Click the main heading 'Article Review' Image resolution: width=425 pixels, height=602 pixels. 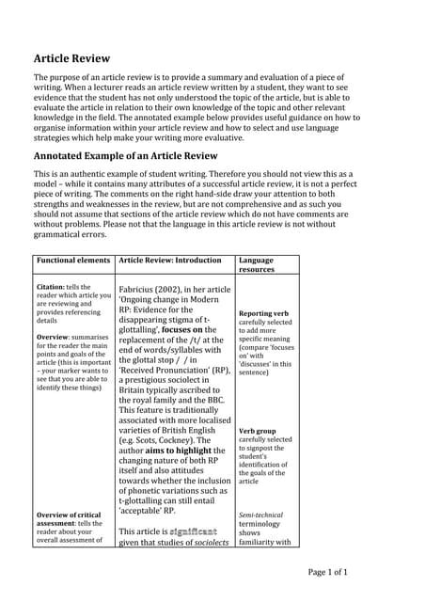click(x=72, y=58)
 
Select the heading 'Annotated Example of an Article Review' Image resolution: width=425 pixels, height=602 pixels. click(x=138, y=155)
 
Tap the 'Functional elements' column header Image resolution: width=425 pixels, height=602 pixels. click(x=72, y=260)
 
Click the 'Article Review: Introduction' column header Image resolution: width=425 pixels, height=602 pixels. click(x=169, y=260)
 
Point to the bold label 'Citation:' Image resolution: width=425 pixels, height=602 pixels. click(x=51, y=287)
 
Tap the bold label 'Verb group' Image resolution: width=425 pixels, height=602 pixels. click(x=259, y=430)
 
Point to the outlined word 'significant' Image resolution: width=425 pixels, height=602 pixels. click(x=194, y=531)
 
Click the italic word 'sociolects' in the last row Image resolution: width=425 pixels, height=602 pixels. click(x=206, y=543)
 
